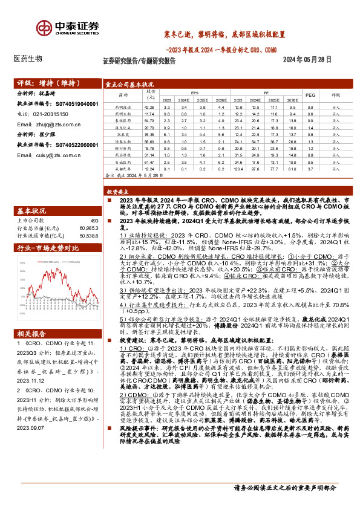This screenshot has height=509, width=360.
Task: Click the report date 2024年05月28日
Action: (308, 60)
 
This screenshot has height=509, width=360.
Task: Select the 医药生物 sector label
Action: (28, 59)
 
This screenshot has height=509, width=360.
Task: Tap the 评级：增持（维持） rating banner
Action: (42, 83)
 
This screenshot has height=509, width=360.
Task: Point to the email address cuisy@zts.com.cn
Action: (58, 155)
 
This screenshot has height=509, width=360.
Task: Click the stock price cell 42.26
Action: (151, 106)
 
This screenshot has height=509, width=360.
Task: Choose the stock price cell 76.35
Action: (151, 133)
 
